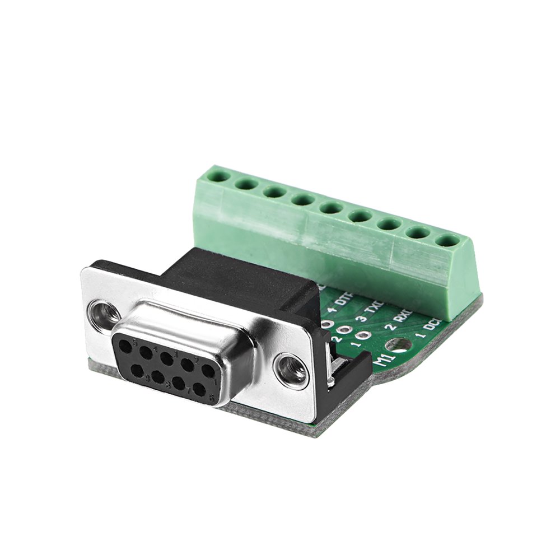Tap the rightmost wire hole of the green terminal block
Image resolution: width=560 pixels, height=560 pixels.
(x=446, y=241)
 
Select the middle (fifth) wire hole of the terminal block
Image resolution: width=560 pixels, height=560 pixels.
(x=330, y=208)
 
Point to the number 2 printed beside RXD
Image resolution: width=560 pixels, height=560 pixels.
(x=387, y=327)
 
